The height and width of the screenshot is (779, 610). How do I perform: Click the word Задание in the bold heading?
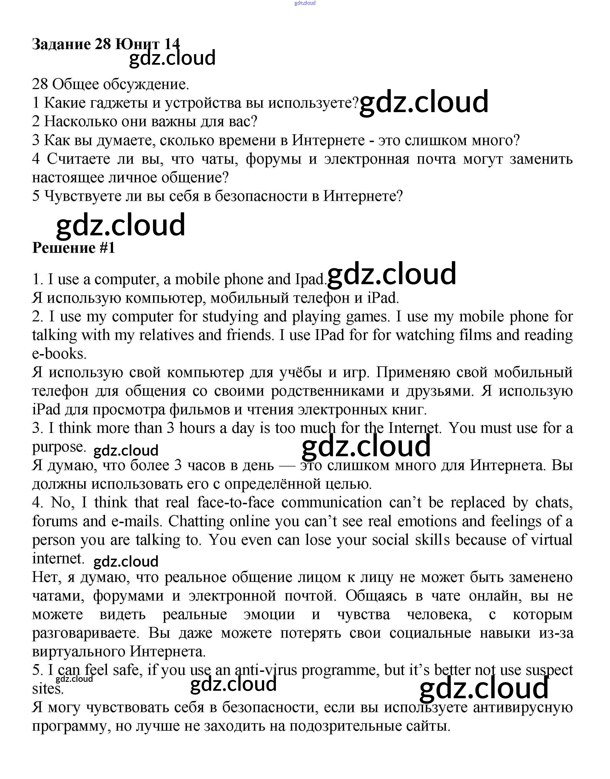[61, 44]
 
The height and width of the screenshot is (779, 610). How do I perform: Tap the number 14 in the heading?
[172, 44]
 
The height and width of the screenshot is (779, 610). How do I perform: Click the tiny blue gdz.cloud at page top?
[305, 3]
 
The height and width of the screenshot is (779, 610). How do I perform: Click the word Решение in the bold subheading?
[64, 248]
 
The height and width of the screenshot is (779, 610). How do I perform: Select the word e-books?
[59, 354]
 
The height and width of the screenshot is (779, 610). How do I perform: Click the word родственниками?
[327, 391]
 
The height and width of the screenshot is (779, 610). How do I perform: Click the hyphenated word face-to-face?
[236, 502]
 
